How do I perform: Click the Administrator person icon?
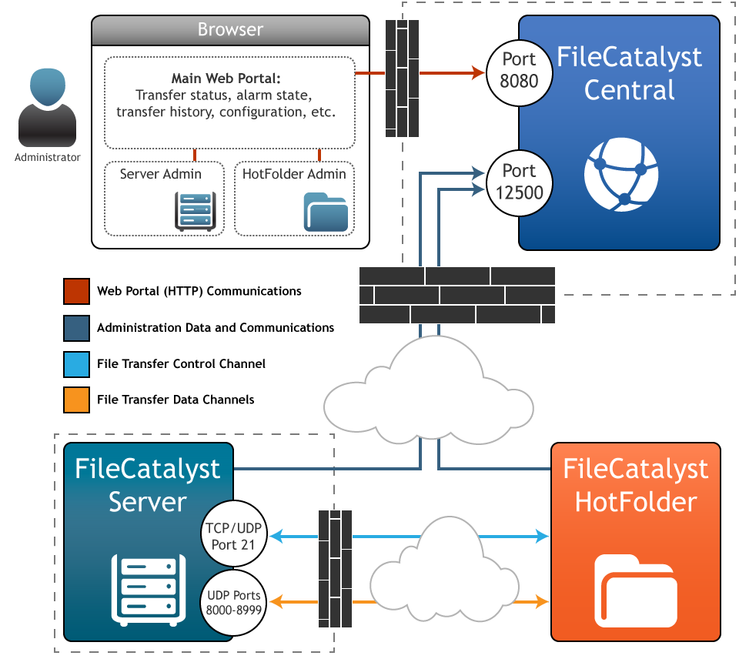pos(47,108)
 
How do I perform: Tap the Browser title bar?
pos(230,30)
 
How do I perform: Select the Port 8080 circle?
pos(519,70)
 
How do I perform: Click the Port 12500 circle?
pos(519,182)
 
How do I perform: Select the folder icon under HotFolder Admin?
pos(326,212)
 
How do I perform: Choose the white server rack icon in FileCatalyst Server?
pos(149,589)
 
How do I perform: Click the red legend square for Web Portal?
pos(77,292)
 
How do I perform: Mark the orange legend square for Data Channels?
pos(77,400)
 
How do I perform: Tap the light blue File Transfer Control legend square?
pos(77,363)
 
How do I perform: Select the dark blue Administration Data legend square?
pos(77,327)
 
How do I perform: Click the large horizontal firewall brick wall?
pos(457,295)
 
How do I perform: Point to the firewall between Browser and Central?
pos(401,77)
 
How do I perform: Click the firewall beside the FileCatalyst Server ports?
pos(335,568)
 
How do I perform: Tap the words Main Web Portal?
pos(226,79)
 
